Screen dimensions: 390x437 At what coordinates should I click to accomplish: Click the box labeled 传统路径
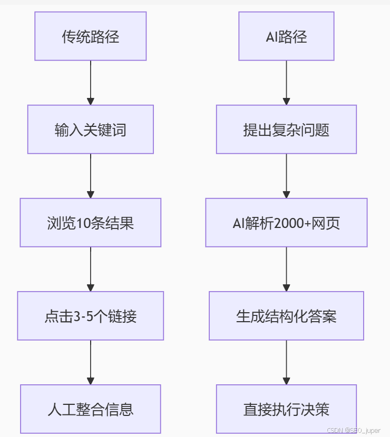pyautogui.click(x=91, y=36)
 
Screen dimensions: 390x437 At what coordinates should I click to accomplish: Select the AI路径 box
pyautogui.click(x=286, y=36)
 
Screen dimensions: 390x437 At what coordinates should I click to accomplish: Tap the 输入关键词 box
pyautogui.click(x=91, y=130)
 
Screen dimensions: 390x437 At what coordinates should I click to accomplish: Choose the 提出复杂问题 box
pyautogui.click(x=286, y=130)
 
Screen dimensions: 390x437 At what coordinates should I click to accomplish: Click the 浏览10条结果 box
pyautogui.click(x=91, y=222)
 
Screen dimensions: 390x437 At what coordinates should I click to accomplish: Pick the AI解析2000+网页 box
pyautogui.click(x=286, y=222)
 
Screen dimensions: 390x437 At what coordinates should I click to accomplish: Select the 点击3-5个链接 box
pyautogui.click(x=91, y=316)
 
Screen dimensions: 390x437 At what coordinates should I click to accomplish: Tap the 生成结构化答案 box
pyautogui.click(x=286, y=316)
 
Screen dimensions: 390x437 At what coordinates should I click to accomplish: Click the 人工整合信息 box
pyautogui.click(x=91, y=409)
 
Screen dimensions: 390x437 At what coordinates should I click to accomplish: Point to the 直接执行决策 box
pyautogui.click(x=286, y=409)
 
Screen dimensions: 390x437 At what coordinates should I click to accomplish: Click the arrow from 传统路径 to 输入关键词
pyautogui.click(x=91, y=83)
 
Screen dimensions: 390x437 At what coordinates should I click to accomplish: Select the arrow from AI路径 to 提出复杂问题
pyautogui.click(x=286, y=83)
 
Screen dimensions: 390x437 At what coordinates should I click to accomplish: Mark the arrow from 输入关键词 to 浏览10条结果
pyautogui.click(x=91, y=176)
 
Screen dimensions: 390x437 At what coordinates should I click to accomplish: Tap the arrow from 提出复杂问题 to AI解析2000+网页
pyautogui.click(x=286, y=176)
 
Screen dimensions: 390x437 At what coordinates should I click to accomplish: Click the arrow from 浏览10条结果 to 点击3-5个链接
pyautogui.click(x=91, y=269)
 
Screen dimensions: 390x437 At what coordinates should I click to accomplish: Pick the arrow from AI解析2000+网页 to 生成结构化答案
pyautogui.click(x=286, y=269)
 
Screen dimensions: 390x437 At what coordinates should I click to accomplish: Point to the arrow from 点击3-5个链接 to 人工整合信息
pyautogui.click(x=91, y=362)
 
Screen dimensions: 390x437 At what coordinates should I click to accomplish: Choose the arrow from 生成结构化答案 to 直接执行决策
pyautogui.click(x=286, y=362)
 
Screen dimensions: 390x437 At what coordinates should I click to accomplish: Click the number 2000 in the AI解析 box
pyautogui.click(x=289, y=223)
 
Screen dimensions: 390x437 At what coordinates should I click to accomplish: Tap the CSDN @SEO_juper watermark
pyautogui.click(x=354, y=430)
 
